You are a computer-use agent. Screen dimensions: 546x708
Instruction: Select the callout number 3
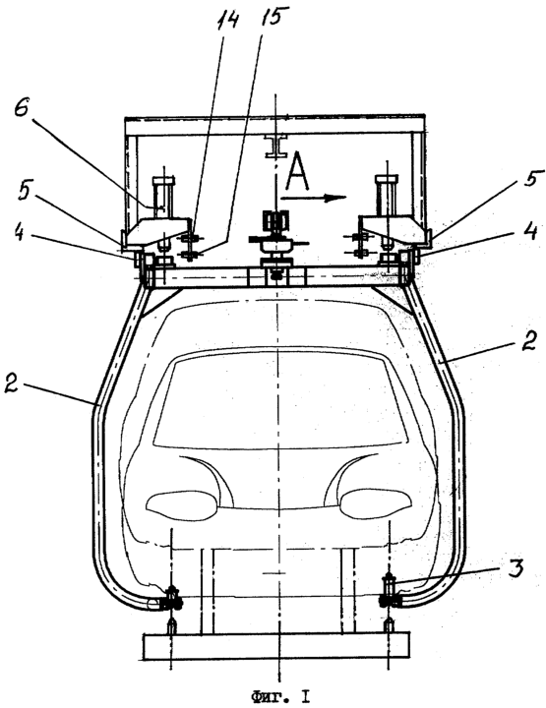tap(516, 567)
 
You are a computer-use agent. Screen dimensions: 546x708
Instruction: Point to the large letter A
tap(297, 170)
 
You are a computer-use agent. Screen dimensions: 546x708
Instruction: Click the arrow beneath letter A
tap(313, 198)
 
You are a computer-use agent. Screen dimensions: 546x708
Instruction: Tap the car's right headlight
tap(375, 502)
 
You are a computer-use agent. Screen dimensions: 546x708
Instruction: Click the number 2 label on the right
tap(528, 341)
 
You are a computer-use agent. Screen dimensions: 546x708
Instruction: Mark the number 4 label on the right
tap(530, 233)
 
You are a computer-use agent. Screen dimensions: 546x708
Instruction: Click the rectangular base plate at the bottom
tap(276, 646)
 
